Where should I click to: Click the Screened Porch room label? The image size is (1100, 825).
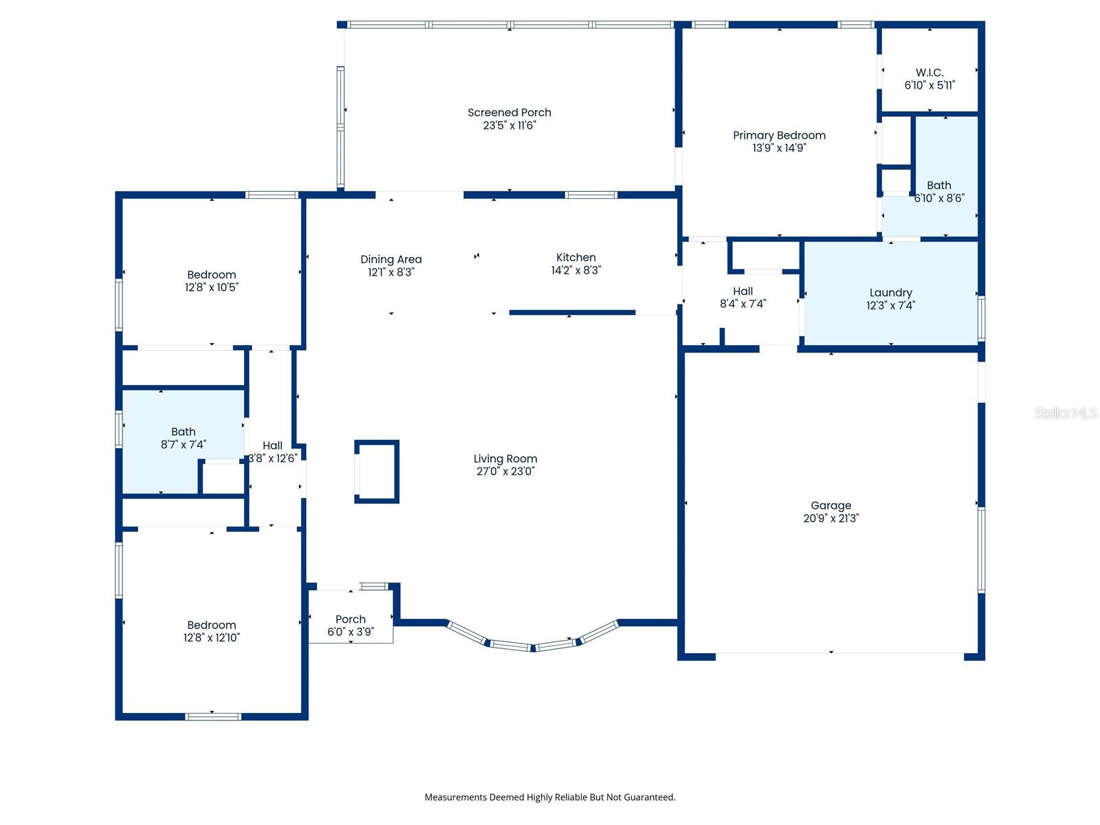pyautogui.click(x=509, y=112)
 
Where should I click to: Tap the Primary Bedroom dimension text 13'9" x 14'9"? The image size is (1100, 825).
pyautogui.click(x=779, y=148)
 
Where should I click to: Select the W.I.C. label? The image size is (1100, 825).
pyautogui.click(x=929, y=72)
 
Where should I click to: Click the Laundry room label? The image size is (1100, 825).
pyautogui.click(x=890, y=293)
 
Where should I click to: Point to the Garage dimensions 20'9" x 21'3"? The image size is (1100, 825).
pyautogui.click(x=830, y=518)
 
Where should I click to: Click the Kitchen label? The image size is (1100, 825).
pyautogui.click(x=575, y=257)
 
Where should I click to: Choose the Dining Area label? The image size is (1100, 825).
pyautogui.click(x=390, y=259)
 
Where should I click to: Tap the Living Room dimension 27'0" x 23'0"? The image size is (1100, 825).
pyautogui.click(x=505, y=472)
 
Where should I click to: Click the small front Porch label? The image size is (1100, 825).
pyautogui.click(x=350, y=619)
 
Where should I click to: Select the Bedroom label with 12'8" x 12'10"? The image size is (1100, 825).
pyautogui.click(x=211, y=625)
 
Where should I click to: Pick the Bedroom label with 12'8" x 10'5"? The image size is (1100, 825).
pyautogui.click(x=211, y=275)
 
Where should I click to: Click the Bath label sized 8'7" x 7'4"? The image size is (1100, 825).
pyautogui.click(x=183, y=432)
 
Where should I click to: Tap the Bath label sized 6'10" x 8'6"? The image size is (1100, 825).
pyautogui.click(x=938, y=186)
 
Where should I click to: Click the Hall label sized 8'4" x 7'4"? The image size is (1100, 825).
pyautogui.click(x=742, y=291)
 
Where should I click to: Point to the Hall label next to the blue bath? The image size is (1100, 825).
pyautogui.click(x=272, y=445)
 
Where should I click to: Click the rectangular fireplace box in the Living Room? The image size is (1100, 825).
pyautogui.click(x=377, y=472)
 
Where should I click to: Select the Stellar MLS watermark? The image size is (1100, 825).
pyautogui.click(x=1065, y=412)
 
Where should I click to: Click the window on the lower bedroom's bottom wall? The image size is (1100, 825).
pyautogui.click(x=213, y=716)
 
